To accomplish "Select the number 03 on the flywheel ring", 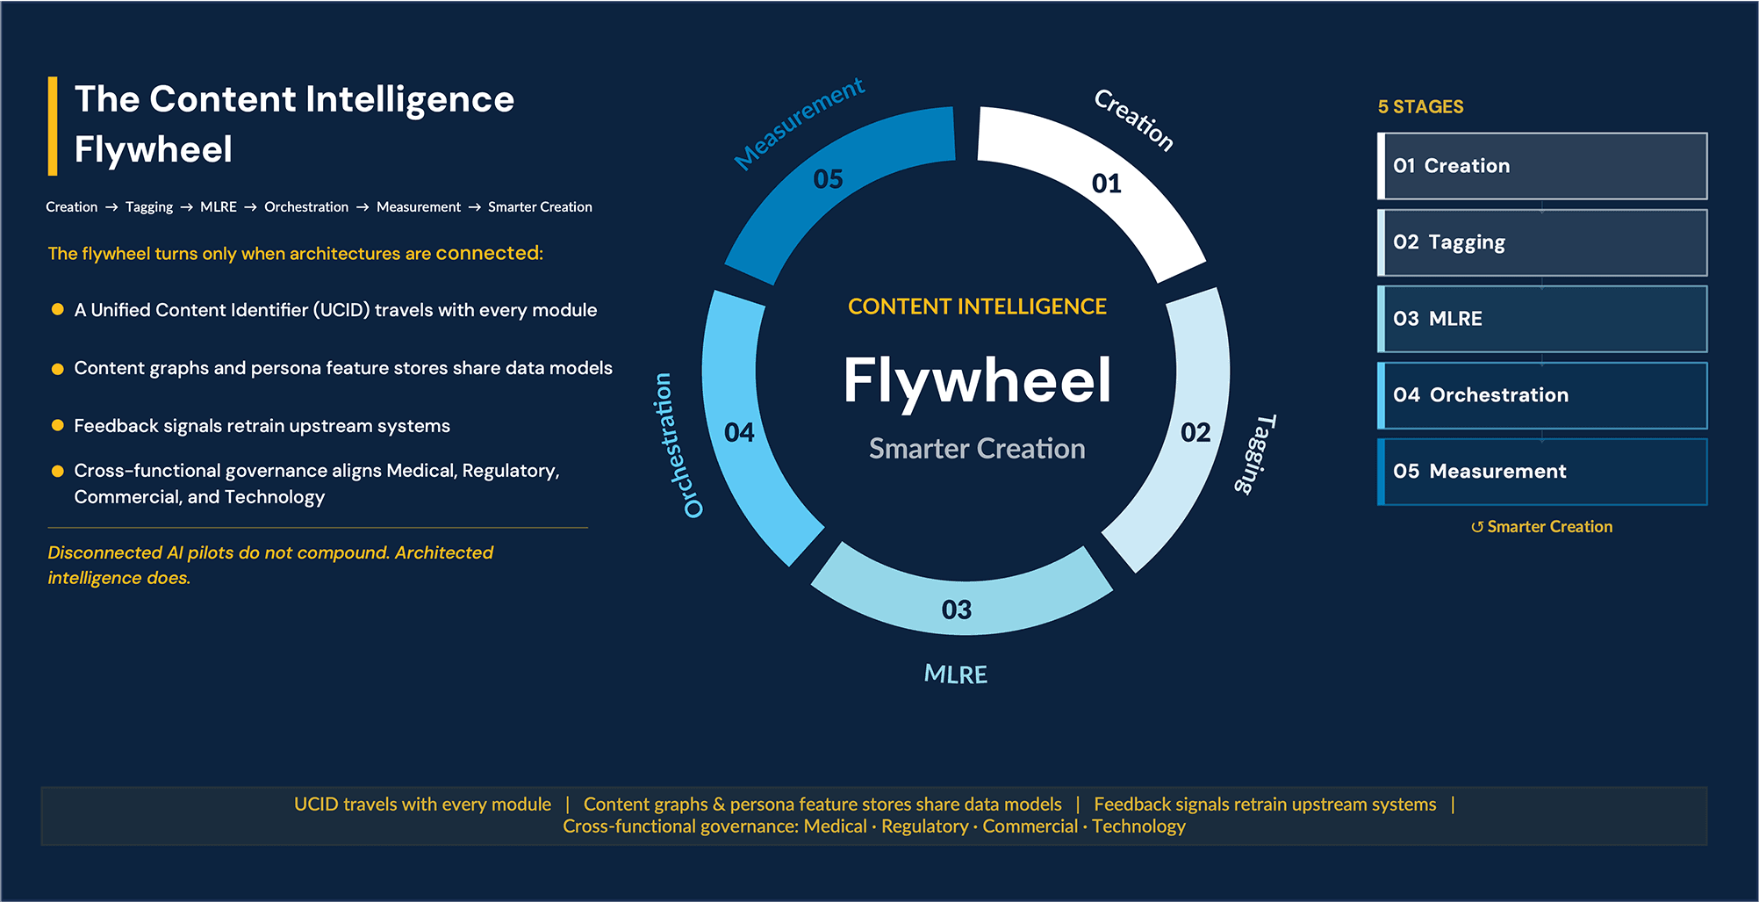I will click(957, 610).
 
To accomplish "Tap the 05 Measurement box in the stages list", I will click(1542, 472).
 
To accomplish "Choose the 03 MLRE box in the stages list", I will click(1542, 319).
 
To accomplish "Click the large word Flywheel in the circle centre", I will click(977, 380).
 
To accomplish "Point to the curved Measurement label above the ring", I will click(799, 122).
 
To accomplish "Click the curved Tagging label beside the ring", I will click(1256, 453).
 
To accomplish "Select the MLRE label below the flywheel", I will click(956, 675).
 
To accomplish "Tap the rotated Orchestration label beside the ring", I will click(677, 444).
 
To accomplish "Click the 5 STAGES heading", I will click(1420, 107).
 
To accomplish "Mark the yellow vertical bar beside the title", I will click(53, 126).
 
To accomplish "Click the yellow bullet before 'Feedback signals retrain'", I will click(58, 425).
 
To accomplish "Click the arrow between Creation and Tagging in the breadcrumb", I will click(111, 207).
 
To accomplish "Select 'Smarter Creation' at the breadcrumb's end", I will click(540, 207).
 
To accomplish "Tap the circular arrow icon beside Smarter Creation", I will click(1477, 527).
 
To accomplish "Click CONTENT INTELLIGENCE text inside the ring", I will click(977, 307).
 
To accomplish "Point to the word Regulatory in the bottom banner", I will click(924, 826).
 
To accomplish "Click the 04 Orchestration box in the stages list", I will click(1542, 395).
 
